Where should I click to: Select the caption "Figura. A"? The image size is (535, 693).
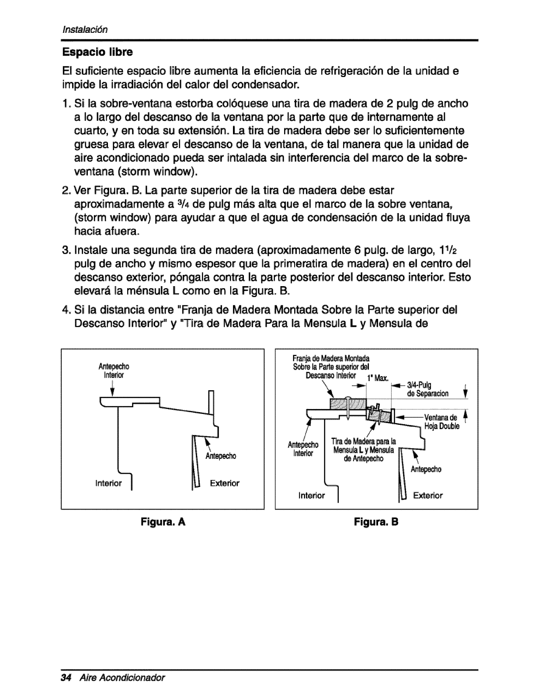point(163,522)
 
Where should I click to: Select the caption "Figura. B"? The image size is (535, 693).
point(377,522)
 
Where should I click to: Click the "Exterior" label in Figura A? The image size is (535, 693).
point(225,483)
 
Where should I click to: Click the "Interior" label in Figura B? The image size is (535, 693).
point(312,495)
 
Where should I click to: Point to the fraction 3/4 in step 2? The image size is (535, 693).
point(172,204)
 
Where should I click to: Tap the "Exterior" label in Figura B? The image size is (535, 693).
point(428,495)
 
